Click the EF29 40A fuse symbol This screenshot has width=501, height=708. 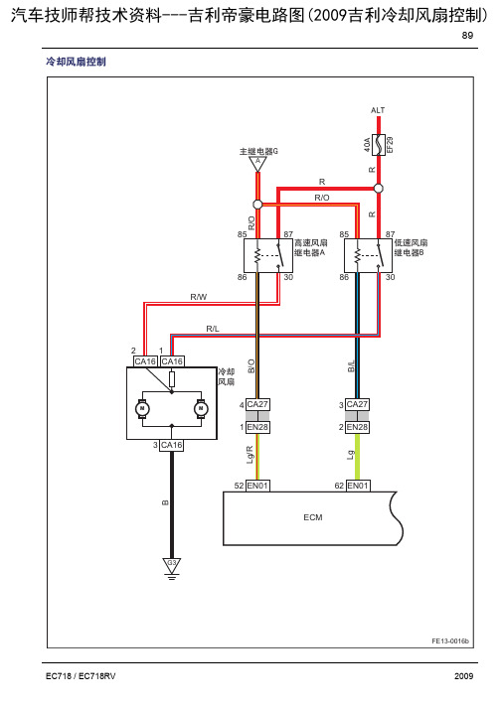[379, 145]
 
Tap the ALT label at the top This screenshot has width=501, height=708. [378, 110]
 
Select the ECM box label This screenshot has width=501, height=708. [313, 517]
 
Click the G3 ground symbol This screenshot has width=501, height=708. [171, 568]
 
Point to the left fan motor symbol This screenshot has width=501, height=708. [142, 409]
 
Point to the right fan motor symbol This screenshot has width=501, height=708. [201, 409]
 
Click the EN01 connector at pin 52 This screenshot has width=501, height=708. [257, 486]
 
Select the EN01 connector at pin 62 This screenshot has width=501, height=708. [358, 486]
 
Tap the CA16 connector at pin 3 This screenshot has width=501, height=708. [171, 445]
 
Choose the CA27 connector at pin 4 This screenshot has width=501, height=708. [257, 404]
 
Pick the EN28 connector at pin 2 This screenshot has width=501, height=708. [358, 427]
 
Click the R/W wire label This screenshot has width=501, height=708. [199, 297]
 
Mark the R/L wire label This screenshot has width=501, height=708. [213, 329]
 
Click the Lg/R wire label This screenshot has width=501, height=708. [250, 455]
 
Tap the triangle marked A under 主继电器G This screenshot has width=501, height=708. [257, 164]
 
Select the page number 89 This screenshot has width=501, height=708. [467, 35]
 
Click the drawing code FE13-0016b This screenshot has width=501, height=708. [450, 640]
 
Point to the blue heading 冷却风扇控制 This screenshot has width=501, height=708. [76, 62]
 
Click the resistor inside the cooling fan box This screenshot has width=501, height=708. [172, 379]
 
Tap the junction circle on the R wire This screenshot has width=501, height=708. [379, 189]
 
